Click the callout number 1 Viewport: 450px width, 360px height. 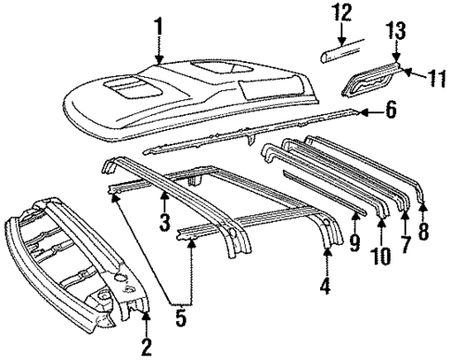click(158, 26)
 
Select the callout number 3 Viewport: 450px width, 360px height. click(162, 223)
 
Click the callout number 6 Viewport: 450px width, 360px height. click(391, 113)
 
